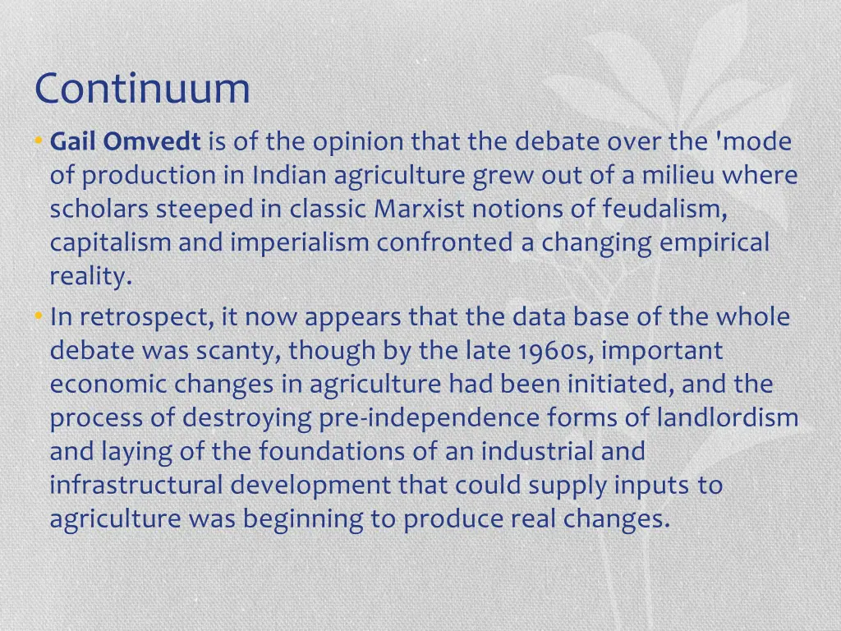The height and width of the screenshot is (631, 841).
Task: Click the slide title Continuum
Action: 142,89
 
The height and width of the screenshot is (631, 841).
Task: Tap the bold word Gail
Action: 75,142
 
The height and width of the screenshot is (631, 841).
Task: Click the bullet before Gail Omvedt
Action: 39,142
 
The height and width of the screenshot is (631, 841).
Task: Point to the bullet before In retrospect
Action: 39,317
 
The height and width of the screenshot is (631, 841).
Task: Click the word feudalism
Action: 664,210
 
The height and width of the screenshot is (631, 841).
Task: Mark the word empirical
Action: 716,243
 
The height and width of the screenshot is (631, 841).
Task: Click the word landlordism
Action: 727,418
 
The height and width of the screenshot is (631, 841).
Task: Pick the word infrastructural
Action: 136,485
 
